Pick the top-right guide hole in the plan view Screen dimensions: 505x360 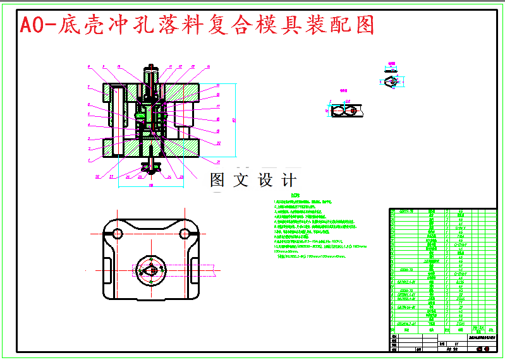(185, 234)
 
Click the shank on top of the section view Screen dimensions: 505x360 (151, 74)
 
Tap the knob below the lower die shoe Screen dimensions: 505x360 (152, 167)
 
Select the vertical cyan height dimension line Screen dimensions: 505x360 (235, 120)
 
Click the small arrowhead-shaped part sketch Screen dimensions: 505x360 (392, 81)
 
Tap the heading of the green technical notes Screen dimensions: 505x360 (289, 196)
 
